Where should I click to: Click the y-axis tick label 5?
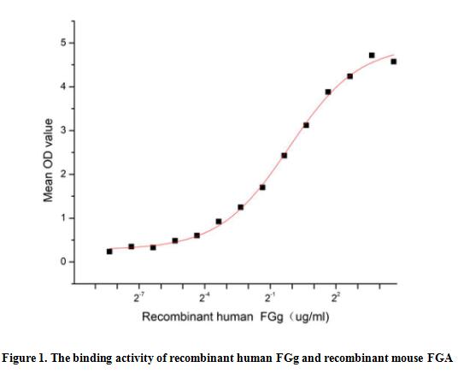[x=62, y=43]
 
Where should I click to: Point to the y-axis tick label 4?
[x=62, y=86]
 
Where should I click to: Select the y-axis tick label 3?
[x=62, y=130]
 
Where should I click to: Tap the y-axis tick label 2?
[x=62, y=175]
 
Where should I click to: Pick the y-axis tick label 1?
[x=62, y=218]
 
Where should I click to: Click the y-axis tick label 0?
[x=62, y=262]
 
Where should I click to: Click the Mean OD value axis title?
[x=49, y=160]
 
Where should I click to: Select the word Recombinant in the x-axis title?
[x=173, y=317]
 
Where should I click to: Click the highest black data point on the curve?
[x=372, y=56]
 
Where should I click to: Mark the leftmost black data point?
[x=109, y=252]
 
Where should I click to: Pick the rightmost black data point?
[x=393, y=62]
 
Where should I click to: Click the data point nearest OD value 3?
[x=306, y=125]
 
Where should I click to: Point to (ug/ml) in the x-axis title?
[x=305, y=317]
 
